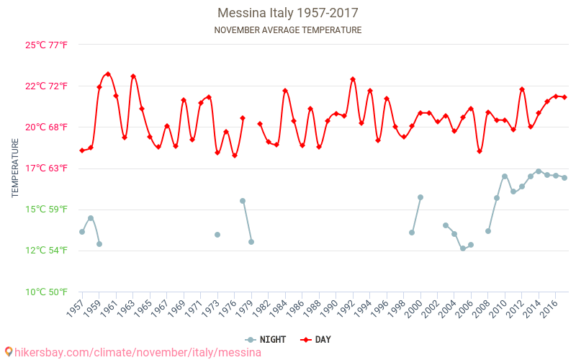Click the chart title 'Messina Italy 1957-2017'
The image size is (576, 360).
coord(288,13)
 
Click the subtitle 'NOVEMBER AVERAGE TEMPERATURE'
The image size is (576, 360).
coord(288,30)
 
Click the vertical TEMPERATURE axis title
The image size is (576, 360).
coord(16,168)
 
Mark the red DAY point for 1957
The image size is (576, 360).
coord(82,150)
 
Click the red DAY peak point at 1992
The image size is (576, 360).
coord(353,79)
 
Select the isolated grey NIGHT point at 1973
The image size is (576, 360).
coord(217,235)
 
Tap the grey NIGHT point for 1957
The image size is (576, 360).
coord(82,232)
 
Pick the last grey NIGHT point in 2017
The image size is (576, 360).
coord(564,178)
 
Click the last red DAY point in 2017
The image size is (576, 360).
coord(564,97)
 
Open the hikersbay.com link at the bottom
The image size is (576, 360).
coord(132,353)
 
